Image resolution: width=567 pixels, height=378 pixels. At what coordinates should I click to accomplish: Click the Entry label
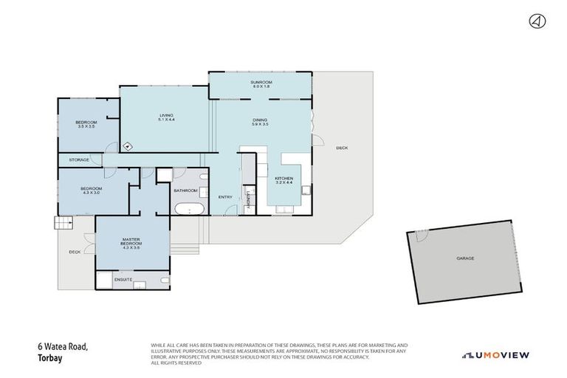click(x=226, y=196)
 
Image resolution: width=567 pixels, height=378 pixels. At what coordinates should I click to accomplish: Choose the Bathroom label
click(x=185, y=190)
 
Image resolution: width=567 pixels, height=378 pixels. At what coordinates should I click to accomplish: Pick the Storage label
click(x=80, y=159)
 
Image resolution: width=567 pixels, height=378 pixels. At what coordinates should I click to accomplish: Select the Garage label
click(x=464, y=258)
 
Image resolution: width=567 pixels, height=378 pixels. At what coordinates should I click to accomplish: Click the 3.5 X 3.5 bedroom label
click(x=86, y=124)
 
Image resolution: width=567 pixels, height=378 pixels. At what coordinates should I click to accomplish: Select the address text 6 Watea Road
click(x=63, y=346)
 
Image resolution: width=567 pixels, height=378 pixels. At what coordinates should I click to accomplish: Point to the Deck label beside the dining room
click(x=341, y=148)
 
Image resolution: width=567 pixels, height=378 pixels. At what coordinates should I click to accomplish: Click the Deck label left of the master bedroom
click(x=75, y=252)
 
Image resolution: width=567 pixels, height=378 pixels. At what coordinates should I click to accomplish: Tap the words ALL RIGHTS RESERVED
click(x=175, y=362)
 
